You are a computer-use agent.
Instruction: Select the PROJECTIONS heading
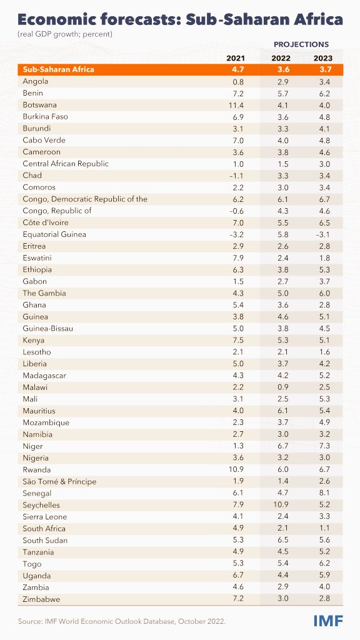(301, 45)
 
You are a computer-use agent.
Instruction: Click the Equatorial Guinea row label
(54, 234)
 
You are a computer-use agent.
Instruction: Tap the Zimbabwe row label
(42, 599)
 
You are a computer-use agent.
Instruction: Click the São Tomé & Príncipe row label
(59, 482)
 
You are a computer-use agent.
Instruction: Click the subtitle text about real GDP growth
(65, 33)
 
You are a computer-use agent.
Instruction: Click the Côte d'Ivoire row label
(46, 222)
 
